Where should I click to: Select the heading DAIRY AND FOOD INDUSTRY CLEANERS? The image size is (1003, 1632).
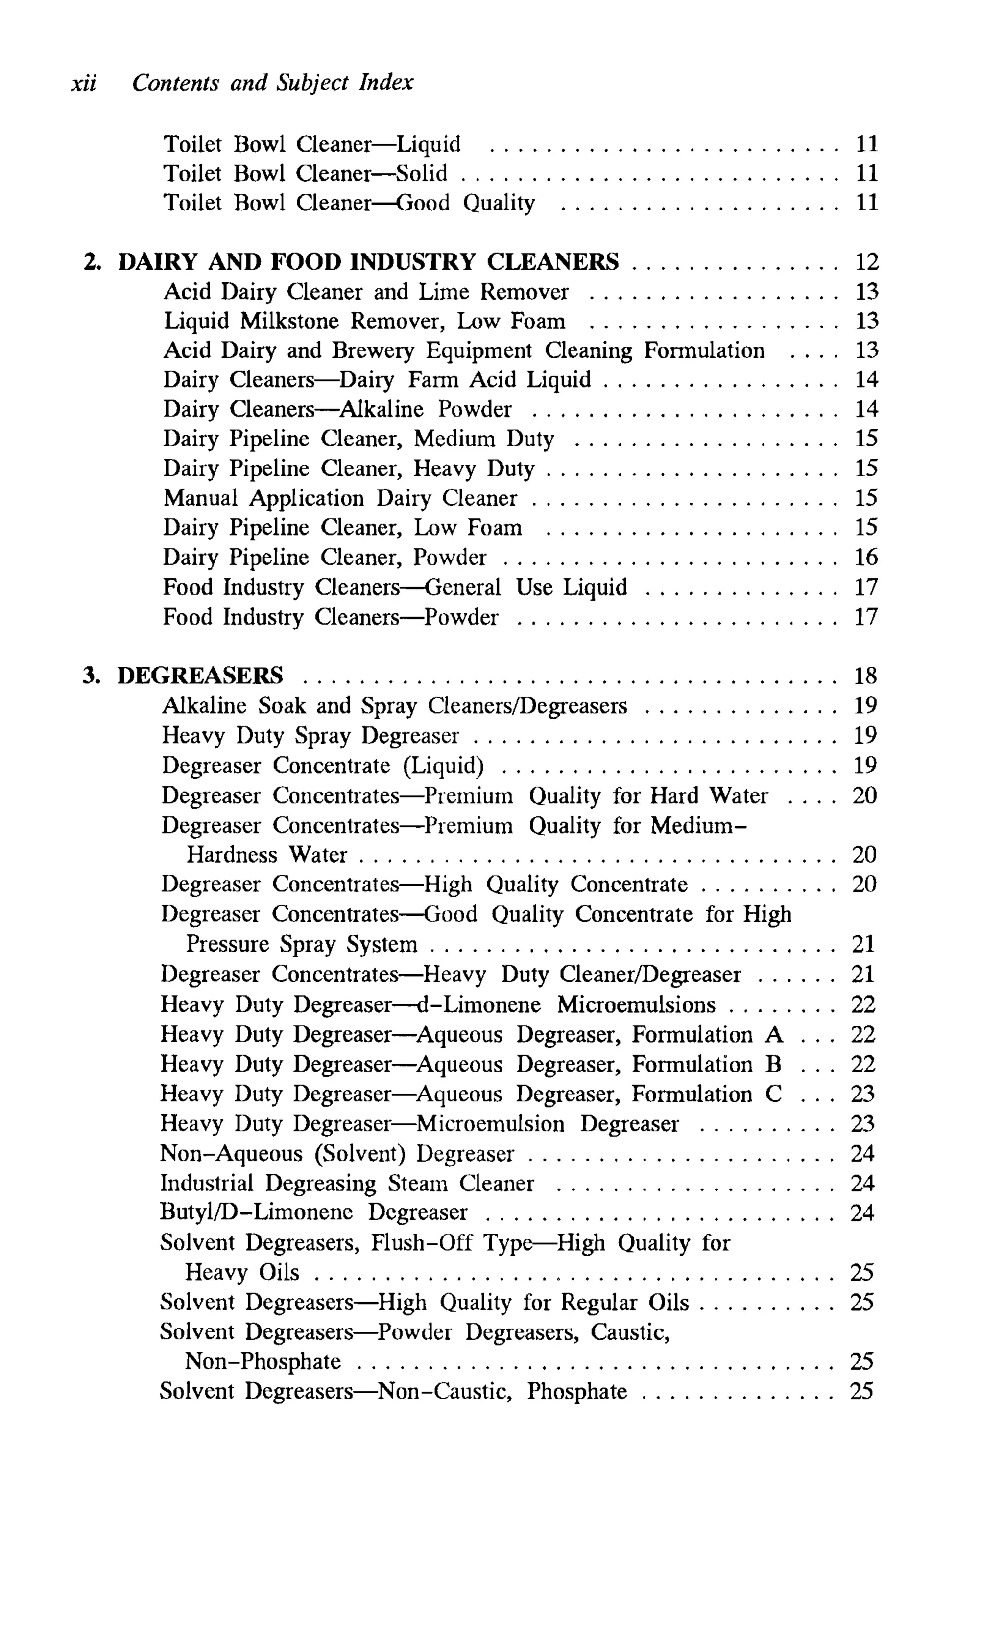pos(368,262)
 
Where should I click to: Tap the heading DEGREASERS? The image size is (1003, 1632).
pos(200,676)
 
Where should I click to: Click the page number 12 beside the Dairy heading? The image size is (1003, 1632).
pos(866,262)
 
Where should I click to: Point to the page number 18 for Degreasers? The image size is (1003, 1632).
pos(865,676)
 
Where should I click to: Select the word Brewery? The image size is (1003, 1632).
pos(373,350)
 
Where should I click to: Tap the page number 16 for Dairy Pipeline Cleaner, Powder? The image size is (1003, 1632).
pos(866,558)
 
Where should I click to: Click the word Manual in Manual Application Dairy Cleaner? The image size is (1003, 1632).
pos(200,498)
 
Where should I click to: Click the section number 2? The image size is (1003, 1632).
pos(92,262)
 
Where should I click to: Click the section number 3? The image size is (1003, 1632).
pos(91,676)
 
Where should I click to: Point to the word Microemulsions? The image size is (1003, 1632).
pos(636,1005)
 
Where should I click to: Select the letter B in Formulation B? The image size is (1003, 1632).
pos(773,1065)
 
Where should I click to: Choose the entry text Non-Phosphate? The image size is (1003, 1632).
pos(263,1362)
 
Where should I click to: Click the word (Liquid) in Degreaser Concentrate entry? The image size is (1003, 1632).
pos(443,766)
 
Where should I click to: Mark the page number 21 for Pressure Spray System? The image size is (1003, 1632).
pos(864,945)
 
